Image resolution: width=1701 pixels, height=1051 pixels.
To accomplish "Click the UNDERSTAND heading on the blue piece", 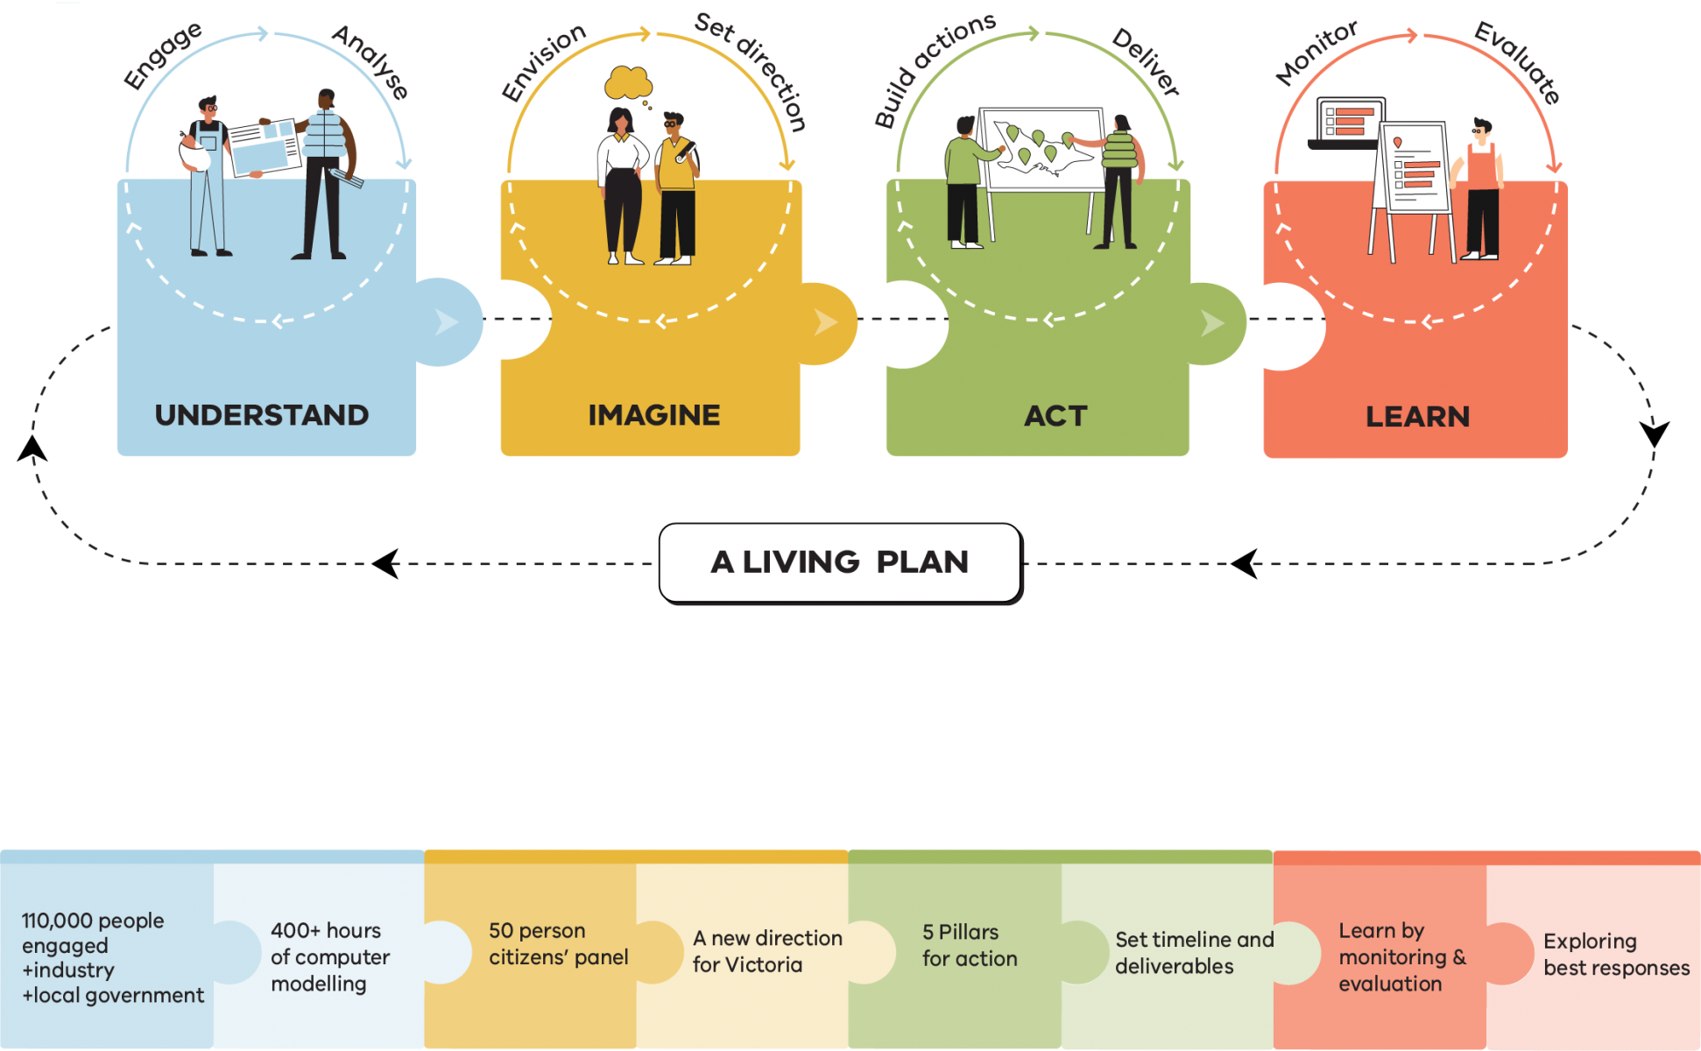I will (261, 415).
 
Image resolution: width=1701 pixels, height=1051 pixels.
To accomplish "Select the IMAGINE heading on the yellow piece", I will (653, 415).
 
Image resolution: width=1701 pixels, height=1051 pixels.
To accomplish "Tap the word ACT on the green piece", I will (1055, 416).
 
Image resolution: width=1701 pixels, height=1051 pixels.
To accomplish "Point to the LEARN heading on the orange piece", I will (1417, 417).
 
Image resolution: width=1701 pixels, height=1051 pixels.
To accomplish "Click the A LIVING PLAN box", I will (839, 562).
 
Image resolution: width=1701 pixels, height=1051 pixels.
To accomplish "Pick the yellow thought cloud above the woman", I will (628, 83).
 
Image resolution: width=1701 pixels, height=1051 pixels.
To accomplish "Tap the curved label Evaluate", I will (1517, 61).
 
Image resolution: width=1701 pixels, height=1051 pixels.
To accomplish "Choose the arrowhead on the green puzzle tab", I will (1212, 323).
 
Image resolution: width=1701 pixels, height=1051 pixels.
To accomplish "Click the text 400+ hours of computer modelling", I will (329, 956).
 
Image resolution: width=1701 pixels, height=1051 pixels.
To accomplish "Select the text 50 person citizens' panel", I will (558, 943).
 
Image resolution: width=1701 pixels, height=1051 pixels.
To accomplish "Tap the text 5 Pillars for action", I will (969, 945).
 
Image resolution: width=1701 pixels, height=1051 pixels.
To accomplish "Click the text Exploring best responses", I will (1616, 954).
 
